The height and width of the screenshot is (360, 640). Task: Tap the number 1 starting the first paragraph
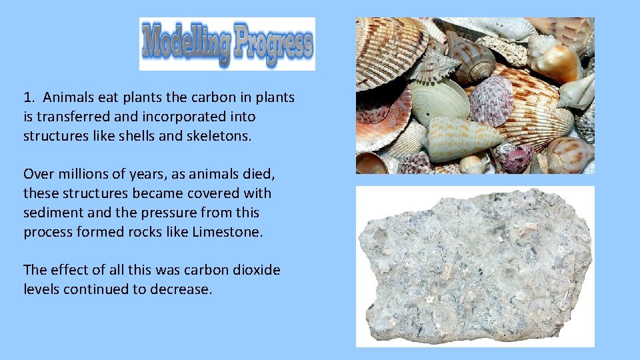[x=27, y=97]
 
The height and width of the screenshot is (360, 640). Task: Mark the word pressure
[x=165, y=213]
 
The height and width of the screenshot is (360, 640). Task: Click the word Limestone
[x=229, y=232]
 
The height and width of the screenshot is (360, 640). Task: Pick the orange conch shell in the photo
[x=553, y=59]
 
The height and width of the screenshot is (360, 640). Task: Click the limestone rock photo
[x=475, y=267]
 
